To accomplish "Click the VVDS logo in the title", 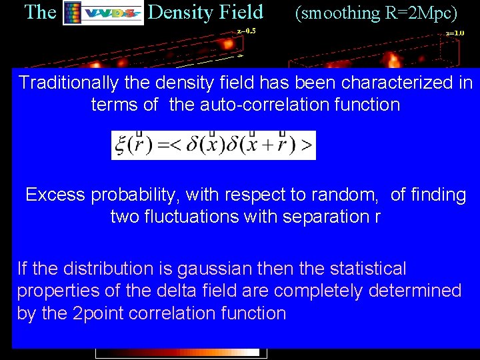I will [x=103, y=13].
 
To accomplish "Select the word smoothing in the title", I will [x=337, y=12].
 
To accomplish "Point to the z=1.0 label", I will [x=455, y=32].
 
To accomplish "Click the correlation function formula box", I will [x=213, y=145].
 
